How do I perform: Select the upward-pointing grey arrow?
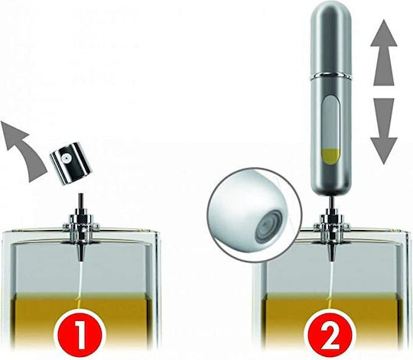click(384, 53)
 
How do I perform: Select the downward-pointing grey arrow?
click(384, 131)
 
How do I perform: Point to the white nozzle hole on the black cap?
click(65, 158)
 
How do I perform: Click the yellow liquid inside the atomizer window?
click(330, 157)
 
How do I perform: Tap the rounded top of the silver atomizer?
click(331, 16)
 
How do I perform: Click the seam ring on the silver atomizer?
click(331, 75)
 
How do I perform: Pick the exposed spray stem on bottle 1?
click(80, 201)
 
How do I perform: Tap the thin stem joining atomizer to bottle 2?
click(331, 201)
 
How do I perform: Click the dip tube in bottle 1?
click(80, 287)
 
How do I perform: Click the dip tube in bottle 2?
click(331, 287)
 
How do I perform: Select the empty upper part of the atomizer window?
click(330, 122)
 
